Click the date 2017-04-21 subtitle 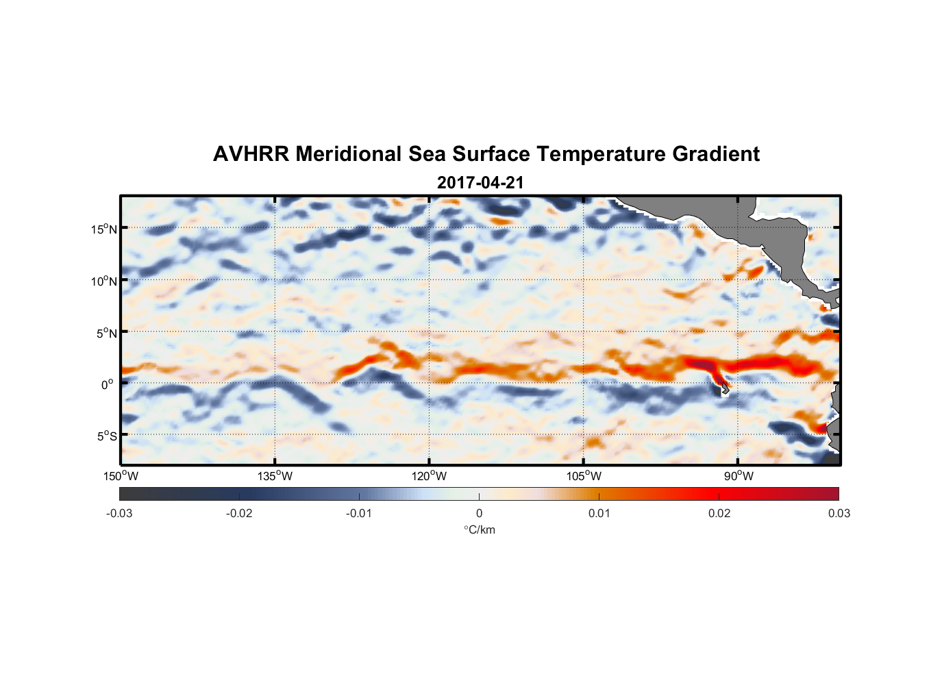point(480,183)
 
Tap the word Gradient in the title point(715,154)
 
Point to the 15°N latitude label point(104,229)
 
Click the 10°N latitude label point(104,281)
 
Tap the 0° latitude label point(107,384)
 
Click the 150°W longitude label point(121,476)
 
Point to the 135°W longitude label point(275,476)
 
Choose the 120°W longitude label point(430,476)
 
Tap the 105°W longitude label point(584,476)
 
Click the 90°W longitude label point(739,476)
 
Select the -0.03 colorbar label point(119,513)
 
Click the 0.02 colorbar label point(719,513)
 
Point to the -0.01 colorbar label point(359,513)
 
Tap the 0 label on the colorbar point(479,513)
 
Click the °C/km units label point(479,530)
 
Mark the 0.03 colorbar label point(839,513)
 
